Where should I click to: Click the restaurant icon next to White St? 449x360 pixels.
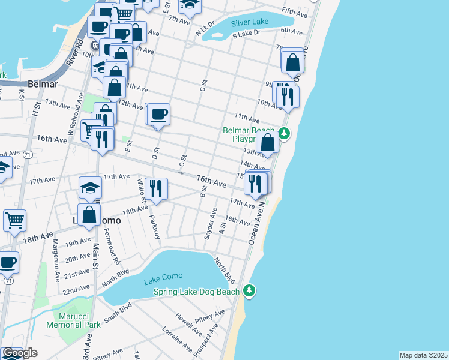tap(156, 188)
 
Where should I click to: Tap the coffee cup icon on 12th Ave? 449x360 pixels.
tap(158, 113)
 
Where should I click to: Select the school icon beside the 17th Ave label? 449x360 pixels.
tap(90, 187)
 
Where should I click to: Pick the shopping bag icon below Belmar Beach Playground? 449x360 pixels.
tap(268, 143)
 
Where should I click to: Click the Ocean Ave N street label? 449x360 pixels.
tap(257, 221)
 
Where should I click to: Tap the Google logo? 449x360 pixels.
tap(20, 353)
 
